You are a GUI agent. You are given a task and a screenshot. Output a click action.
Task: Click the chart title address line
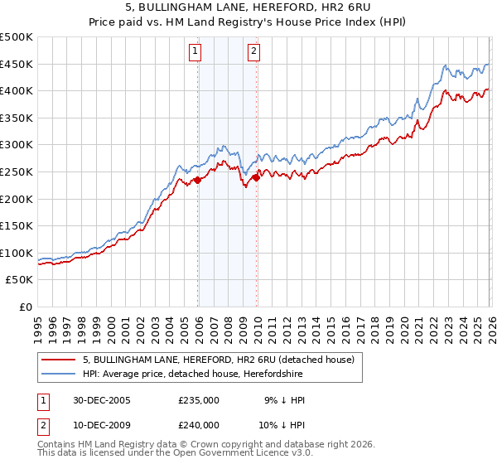[248, 7]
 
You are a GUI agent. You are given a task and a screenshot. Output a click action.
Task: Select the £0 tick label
[26, 307]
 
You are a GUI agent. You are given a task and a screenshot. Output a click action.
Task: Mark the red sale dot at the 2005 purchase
[198, 180]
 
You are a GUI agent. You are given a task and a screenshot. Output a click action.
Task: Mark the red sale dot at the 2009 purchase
[256, 176]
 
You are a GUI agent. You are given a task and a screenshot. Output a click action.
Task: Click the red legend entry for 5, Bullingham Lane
[219, 360]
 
